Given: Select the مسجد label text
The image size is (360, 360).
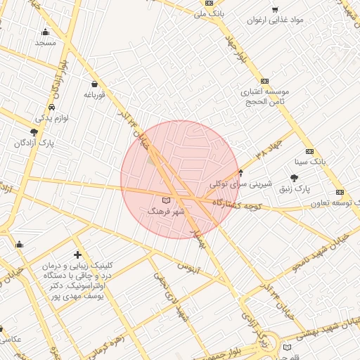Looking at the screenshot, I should click(x=45, y=43).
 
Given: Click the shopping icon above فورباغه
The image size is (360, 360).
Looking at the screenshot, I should click(x=94, y=84).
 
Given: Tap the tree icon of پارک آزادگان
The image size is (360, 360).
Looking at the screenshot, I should click(x=34, y=132).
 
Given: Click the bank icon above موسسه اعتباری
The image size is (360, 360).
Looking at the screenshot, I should click(x=264, y=82).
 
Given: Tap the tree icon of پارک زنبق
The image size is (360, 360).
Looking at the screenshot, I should click(x=294, y=178).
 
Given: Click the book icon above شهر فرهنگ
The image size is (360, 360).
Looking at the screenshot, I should click(x=166, y=201).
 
